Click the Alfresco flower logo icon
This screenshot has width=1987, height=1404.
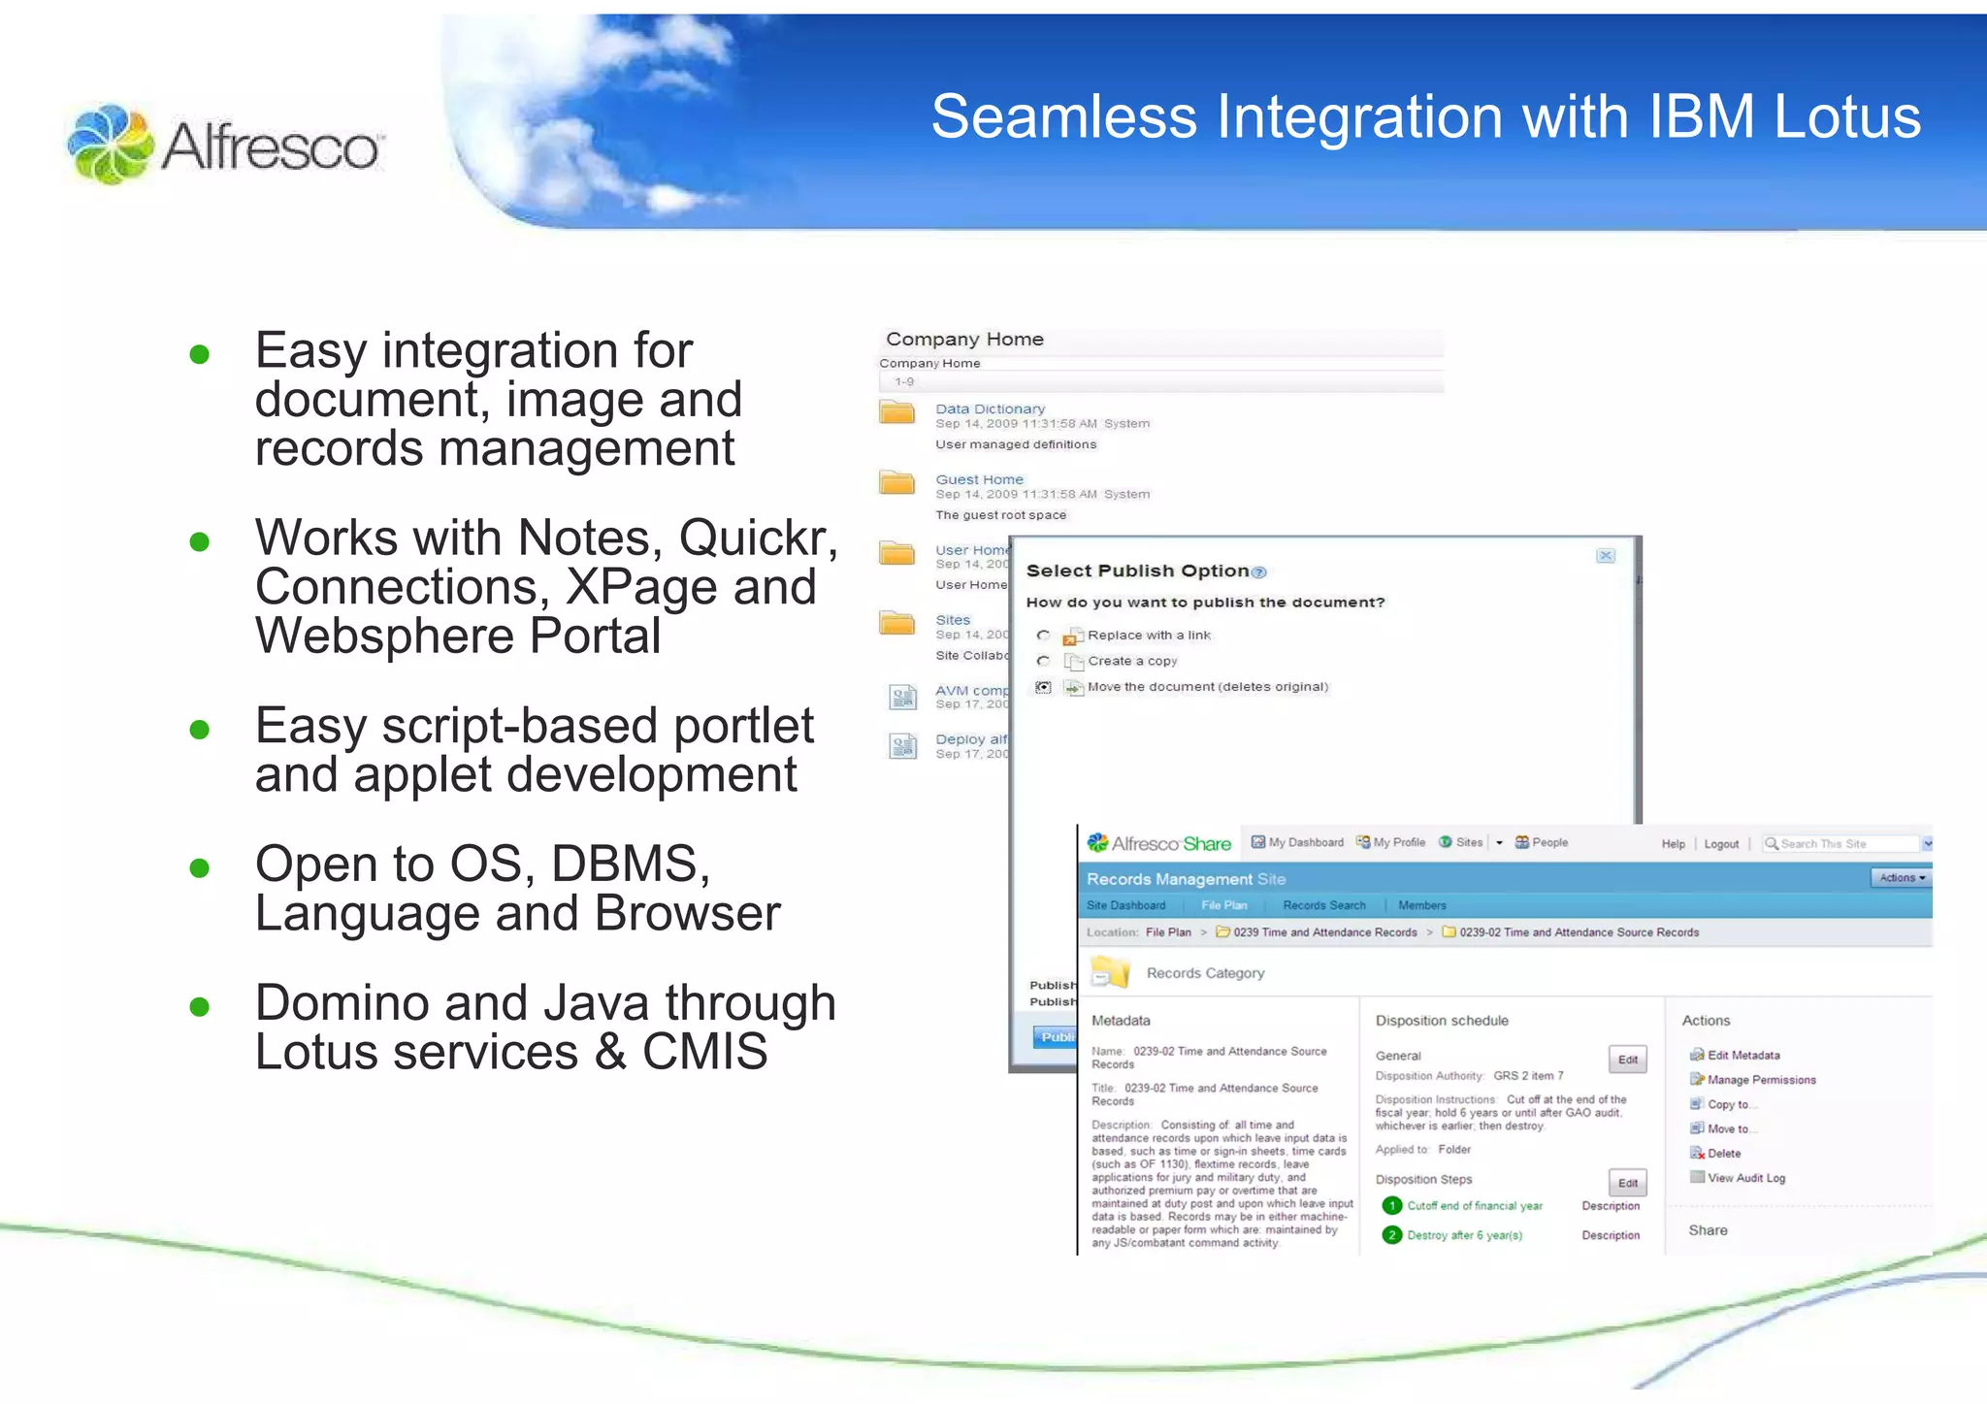coord(110,144)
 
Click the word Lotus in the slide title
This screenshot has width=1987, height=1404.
coord(1846,117)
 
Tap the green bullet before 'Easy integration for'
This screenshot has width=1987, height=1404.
coord(200,354)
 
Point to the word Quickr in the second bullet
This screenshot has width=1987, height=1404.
coord(758,538)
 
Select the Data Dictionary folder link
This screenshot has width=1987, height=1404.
coord(990,408)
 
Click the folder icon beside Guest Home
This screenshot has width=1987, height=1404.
coord(896,482)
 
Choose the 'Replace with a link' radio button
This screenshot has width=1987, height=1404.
coord(1043,636)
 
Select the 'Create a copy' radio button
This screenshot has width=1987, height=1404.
coord(1043,661)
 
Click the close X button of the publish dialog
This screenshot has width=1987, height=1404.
coord(1606,556)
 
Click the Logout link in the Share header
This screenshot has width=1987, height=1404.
coord(1721,844)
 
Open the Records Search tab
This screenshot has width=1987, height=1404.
coord(1323,905)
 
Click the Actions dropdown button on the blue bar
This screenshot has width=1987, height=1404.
coord(1901,877)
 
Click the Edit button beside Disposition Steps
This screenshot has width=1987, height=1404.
coord(1627,1183)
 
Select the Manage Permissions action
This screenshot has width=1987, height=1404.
coord(1760,1080)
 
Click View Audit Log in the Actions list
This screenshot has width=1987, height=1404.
coord(1745,1178)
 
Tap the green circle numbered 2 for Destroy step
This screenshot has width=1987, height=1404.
coord(1391,1235)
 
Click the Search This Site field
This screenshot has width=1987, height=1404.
coord(1838,844)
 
